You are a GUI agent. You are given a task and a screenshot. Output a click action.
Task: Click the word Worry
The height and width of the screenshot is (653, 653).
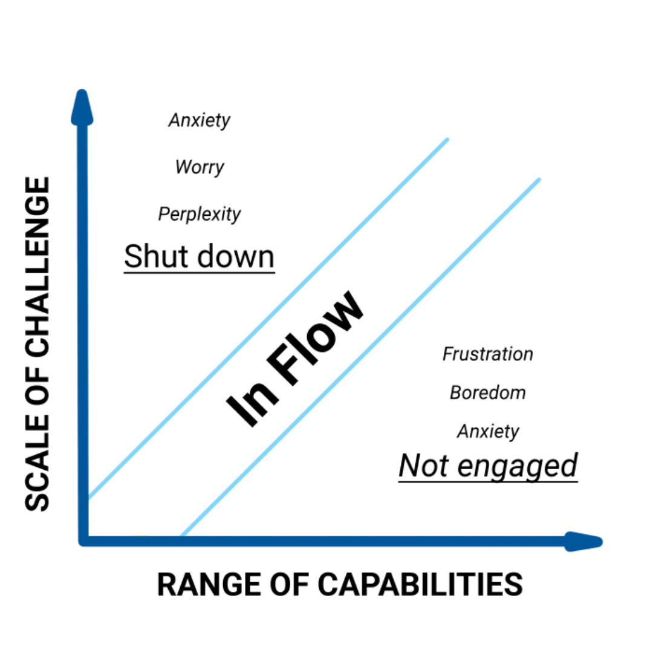point(200,166)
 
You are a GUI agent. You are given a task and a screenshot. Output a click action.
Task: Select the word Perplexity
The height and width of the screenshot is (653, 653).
point(200,214)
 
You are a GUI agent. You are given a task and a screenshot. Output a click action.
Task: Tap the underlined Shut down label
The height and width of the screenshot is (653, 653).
point(199,257)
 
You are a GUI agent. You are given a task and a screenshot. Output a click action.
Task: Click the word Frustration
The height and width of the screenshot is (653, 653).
point(488,354)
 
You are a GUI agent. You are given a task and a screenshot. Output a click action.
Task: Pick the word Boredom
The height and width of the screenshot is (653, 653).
point(488,393)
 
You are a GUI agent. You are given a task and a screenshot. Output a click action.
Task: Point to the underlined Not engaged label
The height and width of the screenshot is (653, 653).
point(488,466)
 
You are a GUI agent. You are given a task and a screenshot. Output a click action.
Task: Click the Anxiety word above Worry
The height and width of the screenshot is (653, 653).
point(200,120)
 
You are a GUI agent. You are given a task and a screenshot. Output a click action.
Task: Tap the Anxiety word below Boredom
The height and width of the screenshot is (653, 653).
point(488,431)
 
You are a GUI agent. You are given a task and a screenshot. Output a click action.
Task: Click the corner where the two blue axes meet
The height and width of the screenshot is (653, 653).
point(84,540)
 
